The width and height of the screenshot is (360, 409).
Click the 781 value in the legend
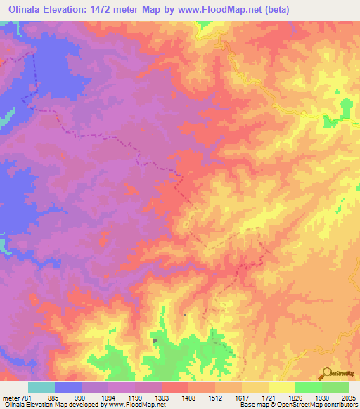pyautogui.click(x=26, y=396)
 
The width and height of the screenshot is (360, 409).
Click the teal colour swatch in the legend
pyautogui.click(x=41, y=387)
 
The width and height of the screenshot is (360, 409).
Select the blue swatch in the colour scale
pyautogui.click(x=67, y=387)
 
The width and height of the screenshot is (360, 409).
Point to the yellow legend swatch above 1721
pyautogui.click(x=281, y=387)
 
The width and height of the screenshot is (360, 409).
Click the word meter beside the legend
pyautogui.click(x=10, y=396)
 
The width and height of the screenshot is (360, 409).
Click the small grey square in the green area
pyautogui.click(x=155, y=342)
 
